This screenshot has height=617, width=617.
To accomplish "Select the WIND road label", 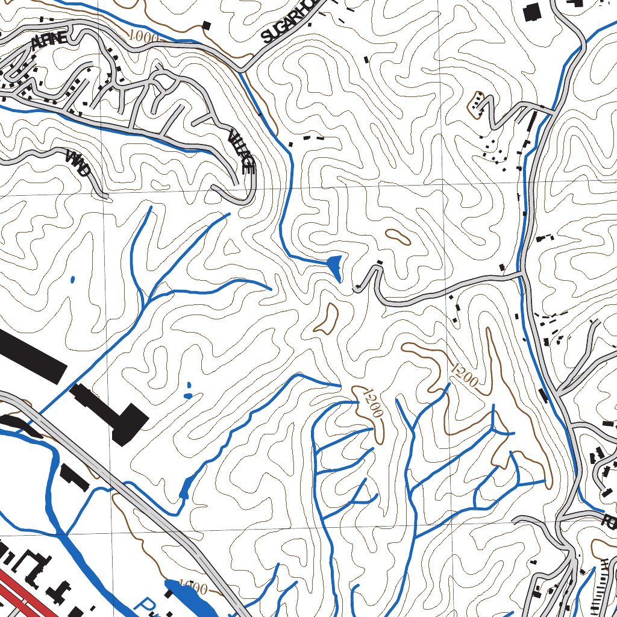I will pos(79,163).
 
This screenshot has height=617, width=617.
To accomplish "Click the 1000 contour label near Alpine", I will pos(144,37).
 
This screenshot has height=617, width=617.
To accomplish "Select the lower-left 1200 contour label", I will pos(369,403).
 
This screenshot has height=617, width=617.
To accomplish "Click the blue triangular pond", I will pos(334,266).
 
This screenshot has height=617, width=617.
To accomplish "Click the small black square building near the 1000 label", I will pos(207,25).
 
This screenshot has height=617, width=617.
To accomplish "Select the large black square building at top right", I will pos(532,12).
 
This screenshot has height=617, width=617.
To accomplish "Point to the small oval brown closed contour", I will pos(398,237).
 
